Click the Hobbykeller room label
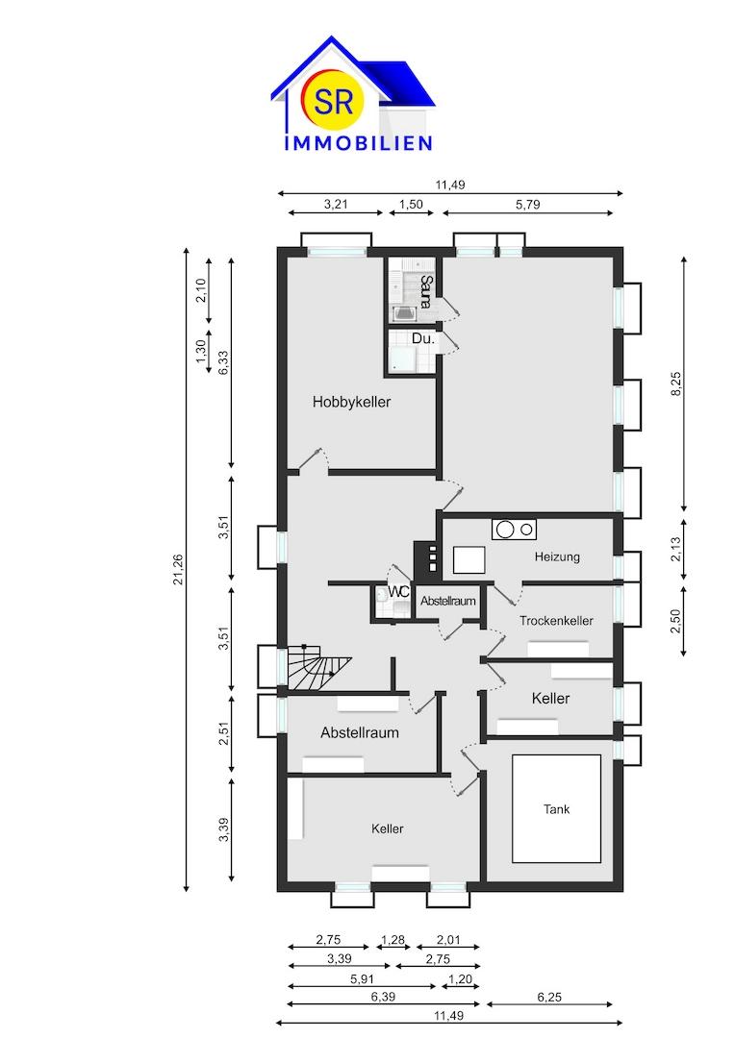[x=351, y=402]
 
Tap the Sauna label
[x=427, y=292]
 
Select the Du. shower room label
[x=423, y=338]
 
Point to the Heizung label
[x=557, y=556]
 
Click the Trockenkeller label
[x=556, y=620]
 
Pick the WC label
[x=399, y=591]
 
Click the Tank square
[x=557, y=809]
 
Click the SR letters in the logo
[x=334, y=101]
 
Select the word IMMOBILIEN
[x=359, y=142]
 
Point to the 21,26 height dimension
[x=178, y=569]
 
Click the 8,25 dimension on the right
[x=676, y=383]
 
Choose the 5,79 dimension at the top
[x=527, y=204]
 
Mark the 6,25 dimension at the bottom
[x=549, y=997]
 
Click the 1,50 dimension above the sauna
[x=411, y=204]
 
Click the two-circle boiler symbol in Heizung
[x=514, y=529]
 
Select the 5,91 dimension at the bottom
[x=362, y=979]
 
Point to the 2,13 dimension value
[x=675, y=549]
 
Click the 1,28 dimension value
[x=393, y=939]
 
